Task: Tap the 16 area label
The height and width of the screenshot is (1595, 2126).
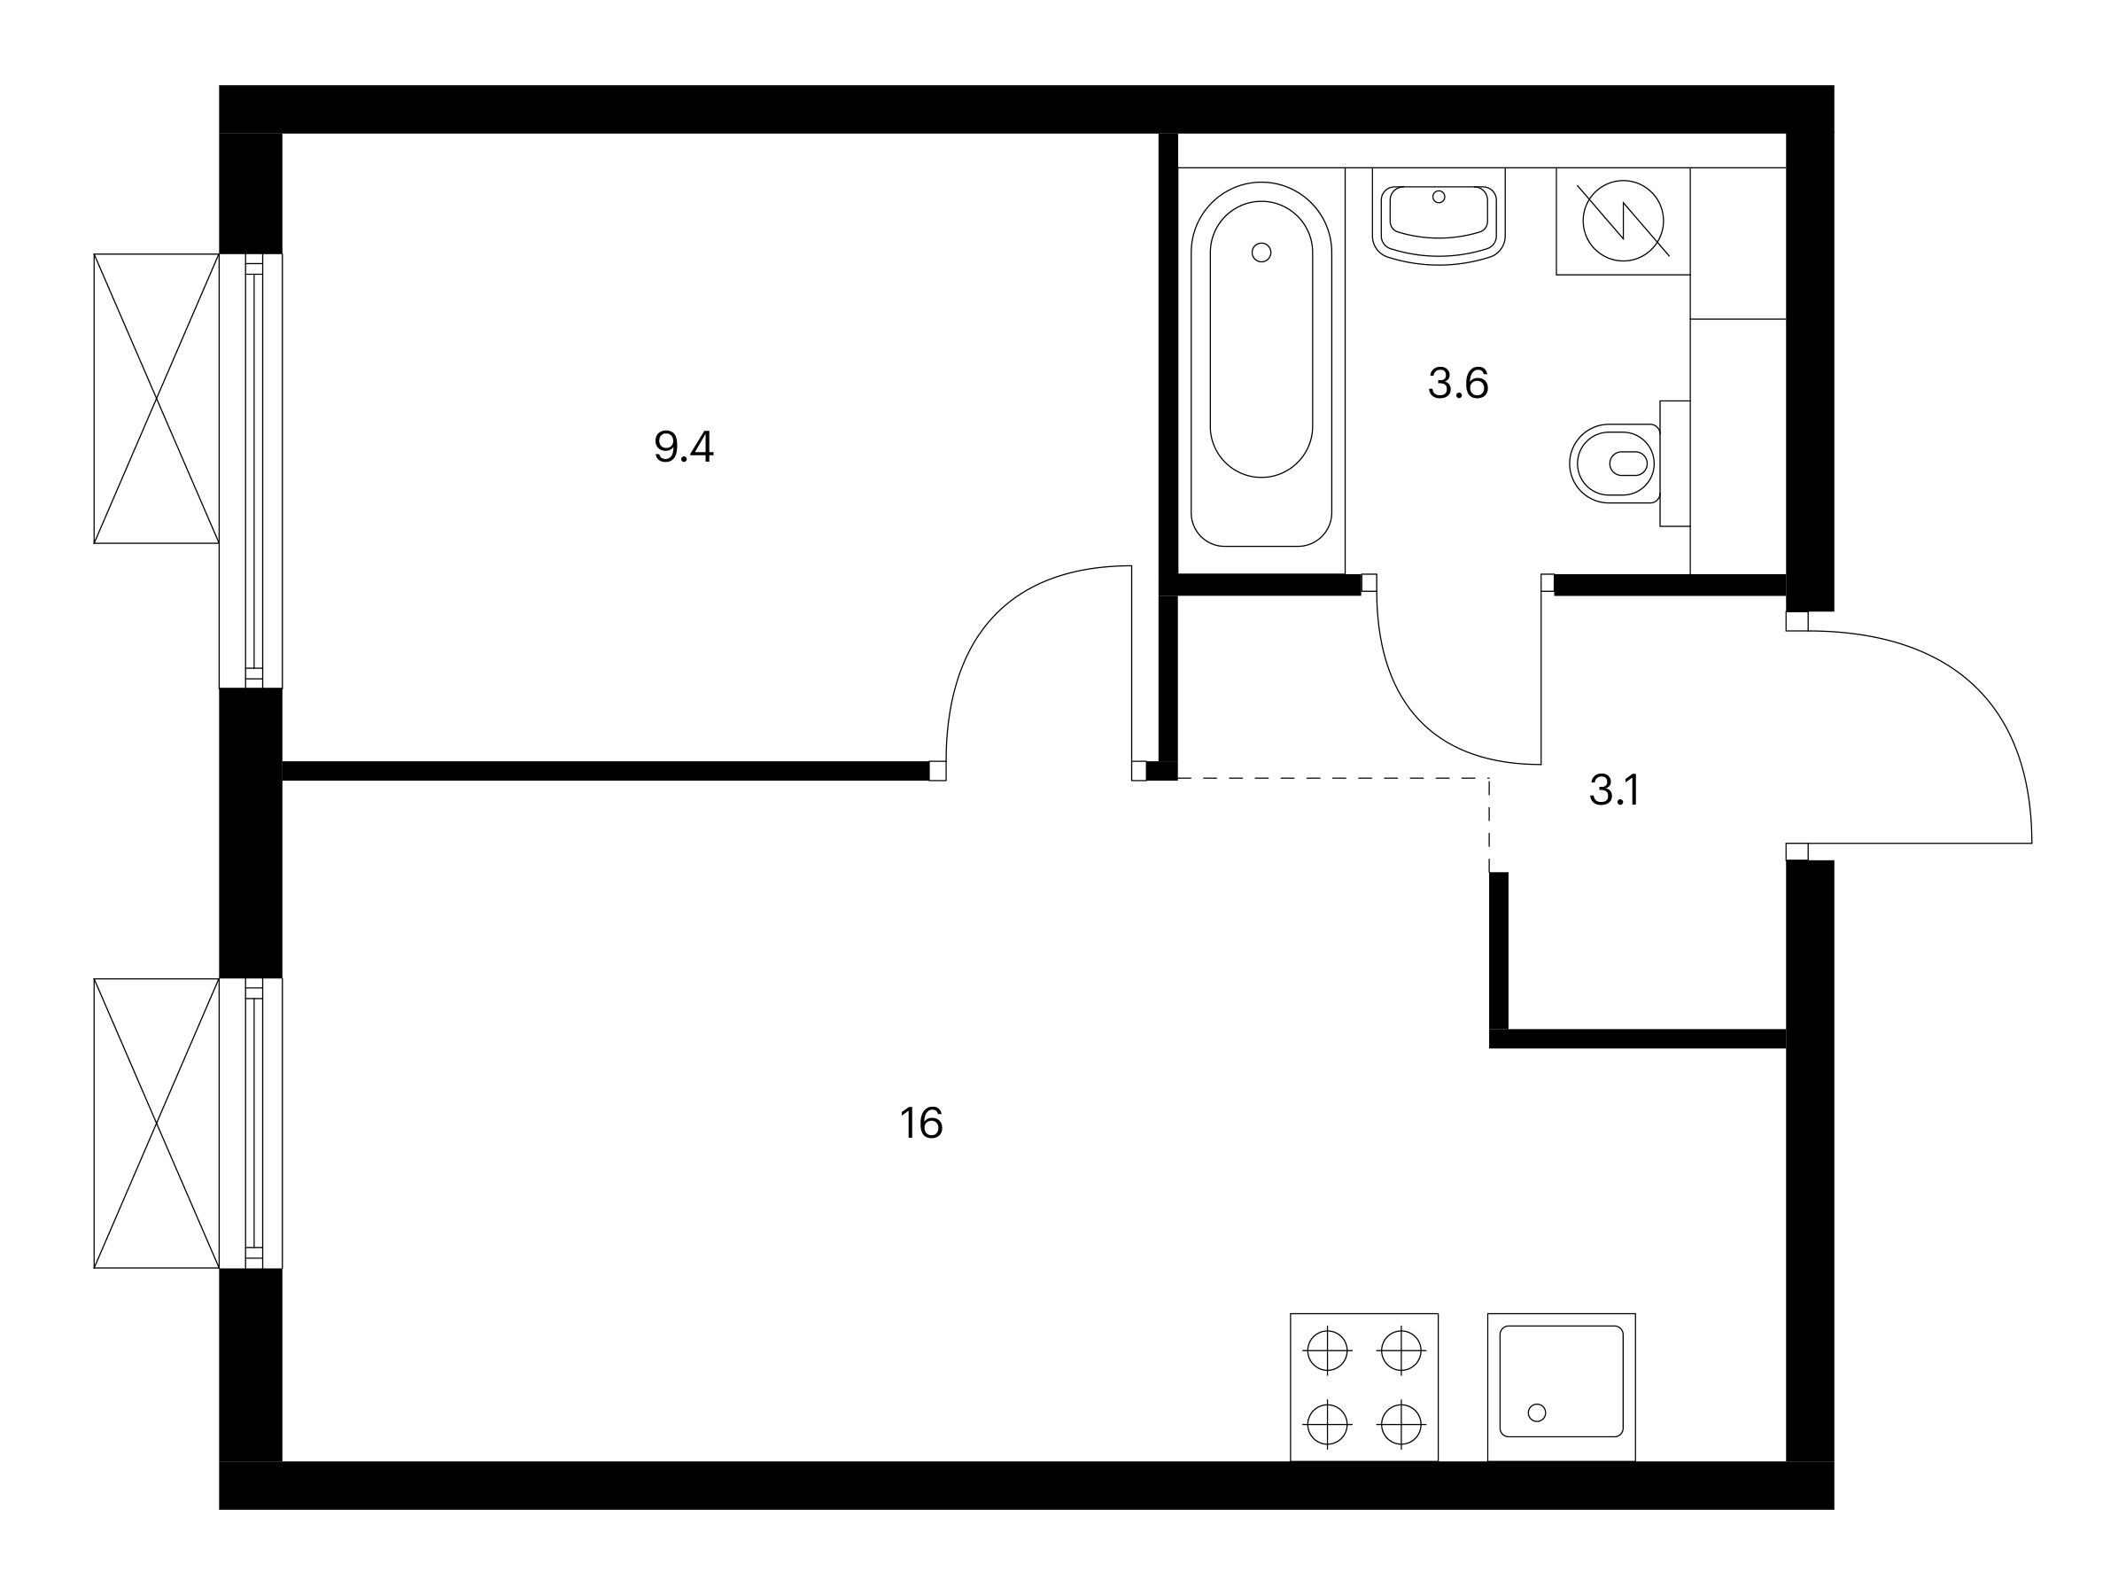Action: (x=920, y=1123)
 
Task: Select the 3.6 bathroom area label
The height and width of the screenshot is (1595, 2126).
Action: (x=1458, y=384)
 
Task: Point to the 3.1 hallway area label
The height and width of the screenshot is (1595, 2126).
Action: (x=1614, y=790)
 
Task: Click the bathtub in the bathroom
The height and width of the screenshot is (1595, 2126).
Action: (x=1261, y=364)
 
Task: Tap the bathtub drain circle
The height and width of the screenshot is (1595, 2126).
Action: (x=1262, y=253)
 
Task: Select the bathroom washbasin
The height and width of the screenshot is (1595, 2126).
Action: (x=1439, y=223)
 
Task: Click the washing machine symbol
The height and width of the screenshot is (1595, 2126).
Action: (x=1624, y=222)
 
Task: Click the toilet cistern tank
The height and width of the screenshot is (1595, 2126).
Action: (x=1675, y=463)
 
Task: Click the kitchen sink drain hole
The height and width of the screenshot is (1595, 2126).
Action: (x=1537, y=1412)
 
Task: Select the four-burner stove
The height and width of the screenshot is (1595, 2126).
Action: (x=1364, y=1388)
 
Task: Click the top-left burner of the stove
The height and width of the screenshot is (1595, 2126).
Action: (x=1327, y=1350)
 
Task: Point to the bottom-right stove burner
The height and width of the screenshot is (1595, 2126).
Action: (x=1401, y=1424)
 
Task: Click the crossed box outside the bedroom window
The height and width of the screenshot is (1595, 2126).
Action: (x=157, y=399)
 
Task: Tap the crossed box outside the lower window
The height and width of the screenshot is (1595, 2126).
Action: (x=157, y=1123)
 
